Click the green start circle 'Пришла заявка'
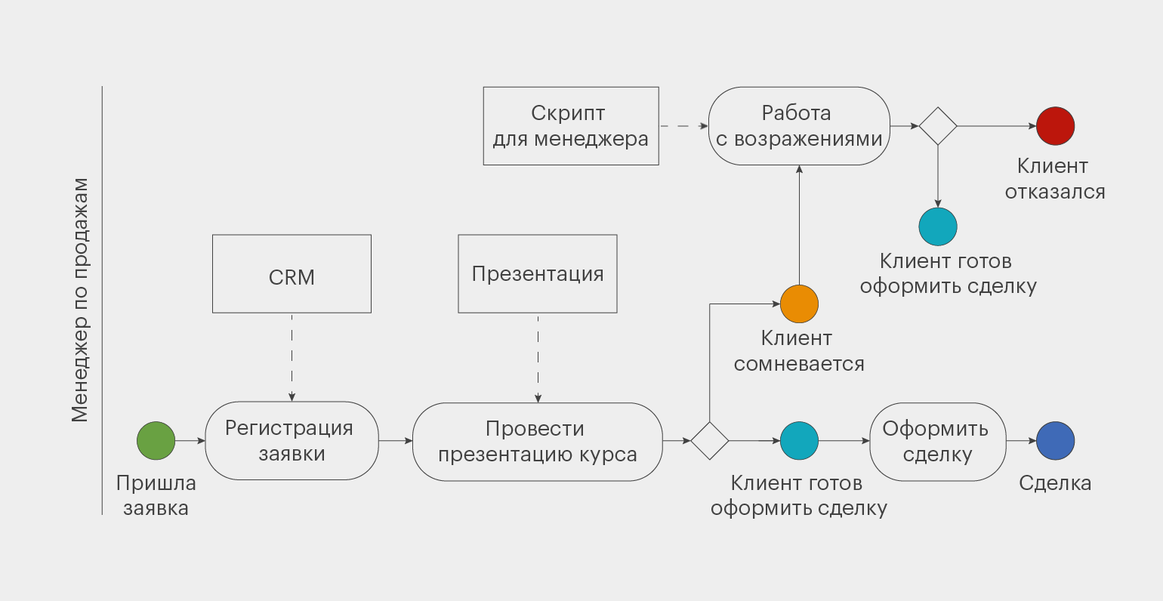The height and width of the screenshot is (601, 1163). pos(156,440)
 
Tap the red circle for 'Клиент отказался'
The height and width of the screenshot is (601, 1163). pos(1055,126)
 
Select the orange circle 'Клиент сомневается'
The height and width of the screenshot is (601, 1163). pos(799,304)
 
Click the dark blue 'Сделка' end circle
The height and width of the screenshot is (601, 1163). pos(1055,441)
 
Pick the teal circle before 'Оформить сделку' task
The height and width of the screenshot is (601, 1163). pos(799,441)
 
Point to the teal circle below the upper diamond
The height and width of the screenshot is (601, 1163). pos(938,227)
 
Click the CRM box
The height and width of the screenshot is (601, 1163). pos(292,273)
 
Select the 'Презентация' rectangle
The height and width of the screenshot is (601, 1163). pos(538,273)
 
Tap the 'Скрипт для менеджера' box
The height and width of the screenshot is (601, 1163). pos(571,126)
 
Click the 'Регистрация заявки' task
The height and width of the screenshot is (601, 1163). pos(292,441)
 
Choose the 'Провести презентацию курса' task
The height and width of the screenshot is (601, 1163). pos(538,442)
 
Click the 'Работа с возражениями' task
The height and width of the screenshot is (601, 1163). pos(799,126)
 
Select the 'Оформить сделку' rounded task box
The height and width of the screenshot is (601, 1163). pos(937,442)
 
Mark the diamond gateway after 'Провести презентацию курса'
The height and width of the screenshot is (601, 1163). pos(710,441)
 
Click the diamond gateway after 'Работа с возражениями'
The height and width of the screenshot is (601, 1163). pos(938,126)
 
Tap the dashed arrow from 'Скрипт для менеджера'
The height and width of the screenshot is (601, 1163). pos(683,126)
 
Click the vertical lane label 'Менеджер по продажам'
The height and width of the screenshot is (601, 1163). pos(80,300)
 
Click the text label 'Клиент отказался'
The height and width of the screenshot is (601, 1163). pos(1054,179)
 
